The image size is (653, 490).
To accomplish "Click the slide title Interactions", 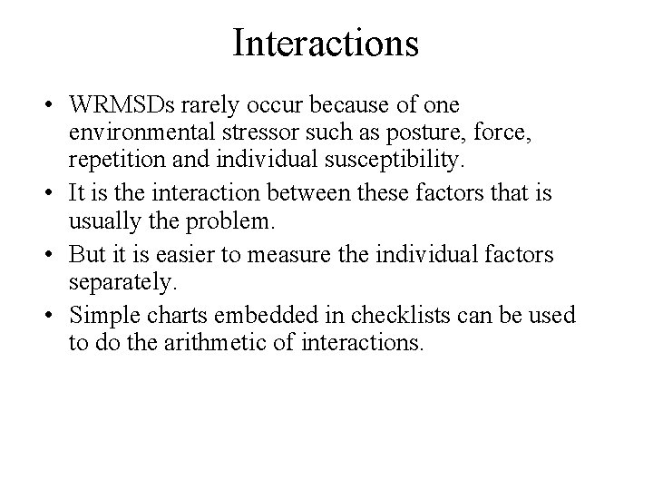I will tap(326, 43).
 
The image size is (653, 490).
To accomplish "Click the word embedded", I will tap(263, 315).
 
